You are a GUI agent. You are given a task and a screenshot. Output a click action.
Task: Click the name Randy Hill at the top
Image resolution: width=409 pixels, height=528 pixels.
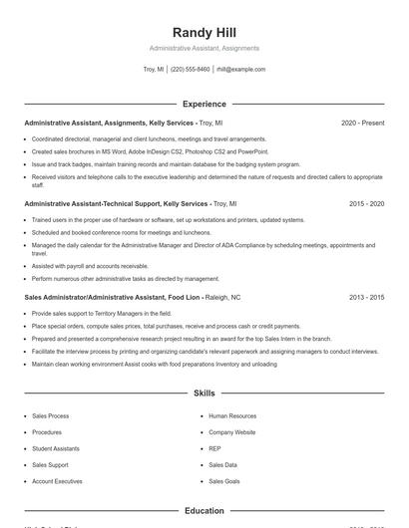point(204,32)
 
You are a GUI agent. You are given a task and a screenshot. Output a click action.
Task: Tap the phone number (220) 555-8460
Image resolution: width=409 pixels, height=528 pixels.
point(190,69)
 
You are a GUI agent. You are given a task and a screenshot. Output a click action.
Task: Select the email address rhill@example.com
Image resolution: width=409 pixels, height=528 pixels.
point(240,69)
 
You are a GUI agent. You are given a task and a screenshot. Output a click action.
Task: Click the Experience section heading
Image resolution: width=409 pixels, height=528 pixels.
point(204,104)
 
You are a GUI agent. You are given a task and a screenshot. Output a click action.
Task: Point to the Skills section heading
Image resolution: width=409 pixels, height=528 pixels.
point(204,394)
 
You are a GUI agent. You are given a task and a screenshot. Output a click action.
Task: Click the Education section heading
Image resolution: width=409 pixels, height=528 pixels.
point(204,510)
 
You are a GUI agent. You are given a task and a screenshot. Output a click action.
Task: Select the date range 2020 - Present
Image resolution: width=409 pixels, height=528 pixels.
point(362,123)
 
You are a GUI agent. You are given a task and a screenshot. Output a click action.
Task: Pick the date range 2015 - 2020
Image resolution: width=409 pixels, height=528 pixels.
point(366,203)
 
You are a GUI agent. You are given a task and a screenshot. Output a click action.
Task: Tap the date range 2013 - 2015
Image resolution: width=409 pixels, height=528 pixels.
point(366,297)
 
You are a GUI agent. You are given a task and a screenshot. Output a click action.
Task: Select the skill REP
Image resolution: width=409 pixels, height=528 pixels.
point(214,448)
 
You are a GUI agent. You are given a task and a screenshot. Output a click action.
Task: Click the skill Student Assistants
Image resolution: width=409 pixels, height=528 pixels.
point(56,448)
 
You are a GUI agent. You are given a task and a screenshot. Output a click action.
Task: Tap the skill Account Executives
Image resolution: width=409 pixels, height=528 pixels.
point(57,480)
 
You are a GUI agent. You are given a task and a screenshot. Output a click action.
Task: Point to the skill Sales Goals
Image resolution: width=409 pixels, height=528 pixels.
point(223,480)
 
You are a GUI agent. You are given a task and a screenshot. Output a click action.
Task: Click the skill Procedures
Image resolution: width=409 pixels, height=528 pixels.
point(47,432)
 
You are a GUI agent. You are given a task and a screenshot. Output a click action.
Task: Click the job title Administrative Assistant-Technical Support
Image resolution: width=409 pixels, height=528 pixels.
point(110,203)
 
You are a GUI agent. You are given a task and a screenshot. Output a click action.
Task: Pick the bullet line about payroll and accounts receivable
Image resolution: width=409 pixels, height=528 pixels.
point(90,266)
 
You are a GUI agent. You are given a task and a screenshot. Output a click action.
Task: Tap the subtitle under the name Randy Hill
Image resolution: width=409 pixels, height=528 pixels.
point(204,48)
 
